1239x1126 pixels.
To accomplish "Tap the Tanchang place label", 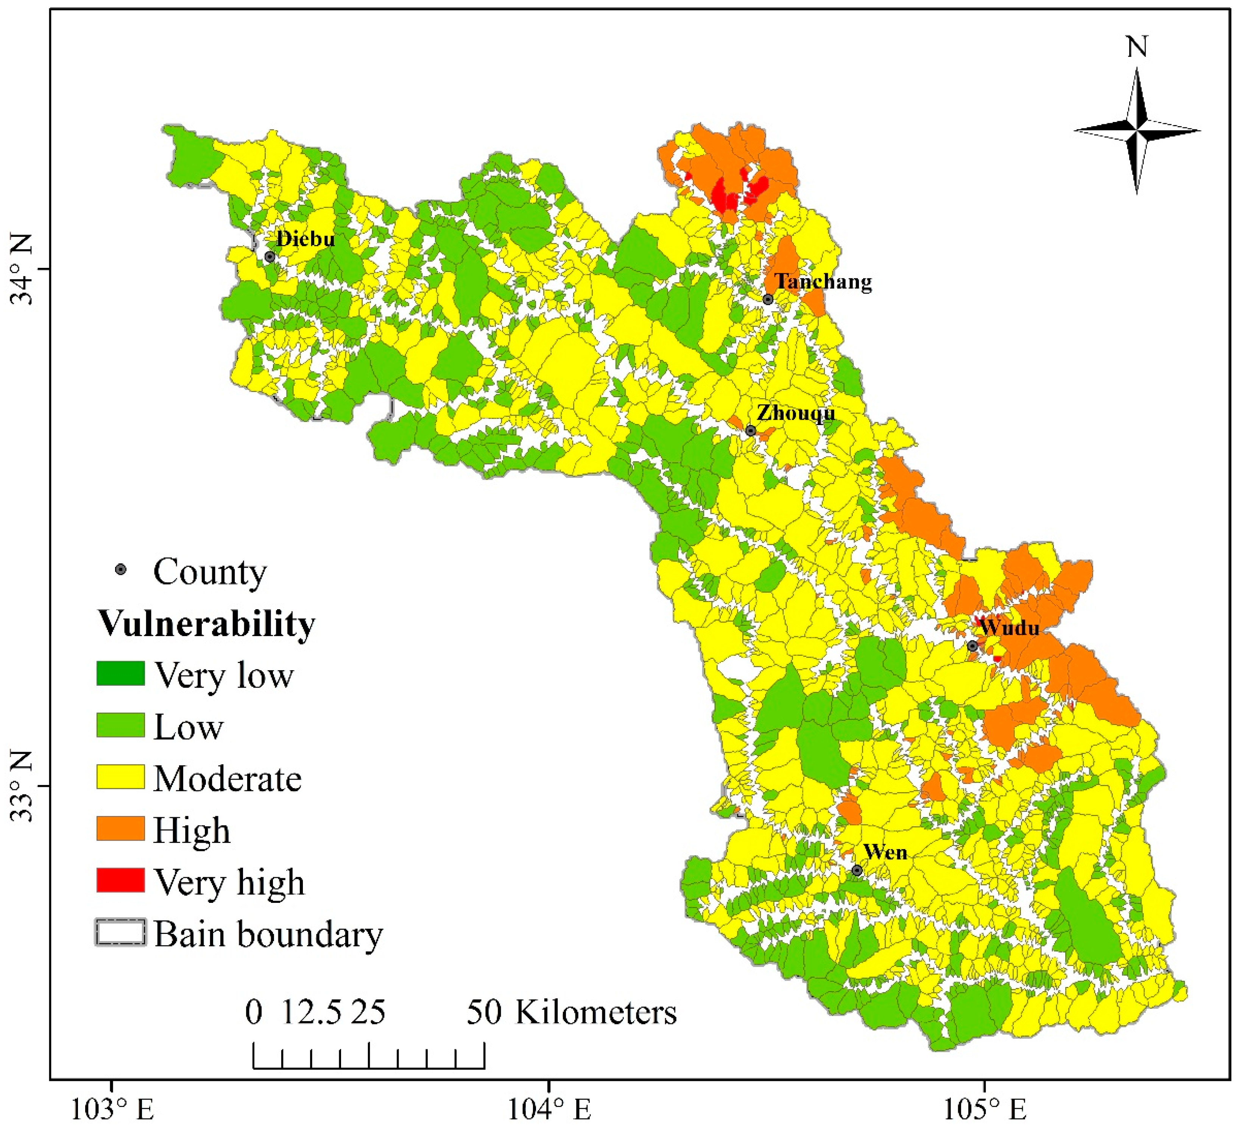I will click(822, 281).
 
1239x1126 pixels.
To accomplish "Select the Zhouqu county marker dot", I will click(750, 430).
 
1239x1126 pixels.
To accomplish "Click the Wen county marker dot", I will click(857, 870).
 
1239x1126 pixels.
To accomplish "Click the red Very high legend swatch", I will click(120, 880).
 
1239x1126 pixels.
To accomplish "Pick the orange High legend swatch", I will click(120, 828).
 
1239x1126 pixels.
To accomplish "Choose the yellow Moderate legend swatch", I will click(120, 777).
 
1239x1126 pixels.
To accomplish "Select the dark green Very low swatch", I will click(120, 673).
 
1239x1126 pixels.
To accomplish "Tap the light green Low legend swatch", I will click(120, 725).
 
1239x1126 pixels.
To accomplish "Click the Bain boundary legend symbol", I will click(120, 932).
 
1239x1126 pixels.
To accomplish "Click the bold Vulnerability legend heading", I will click(207, 624).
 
